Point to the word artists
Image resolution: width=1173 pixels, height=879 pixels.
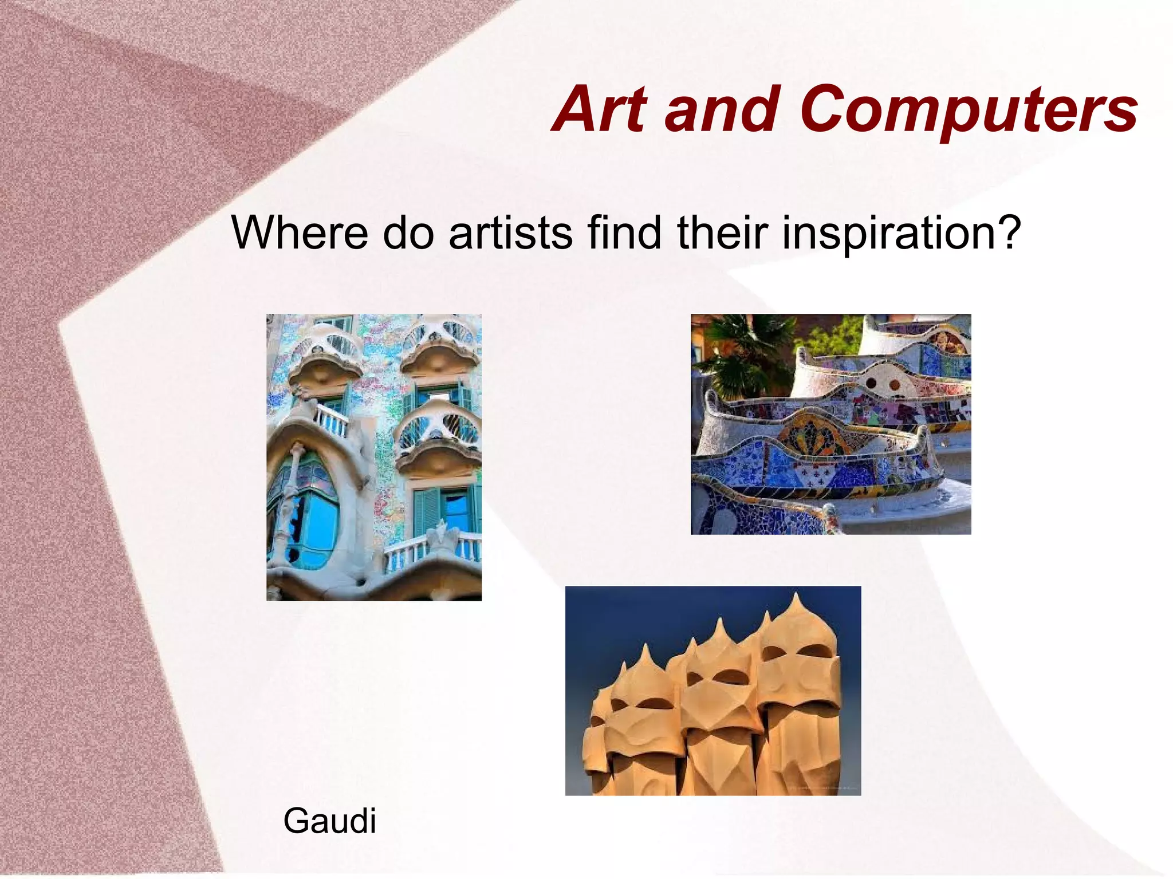pos(510,232)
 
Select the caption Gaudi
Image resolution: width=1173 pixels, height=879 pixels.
pos(329,821)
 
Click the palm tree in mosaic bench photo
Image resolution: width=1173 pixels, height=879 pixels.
pos(739,355)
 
